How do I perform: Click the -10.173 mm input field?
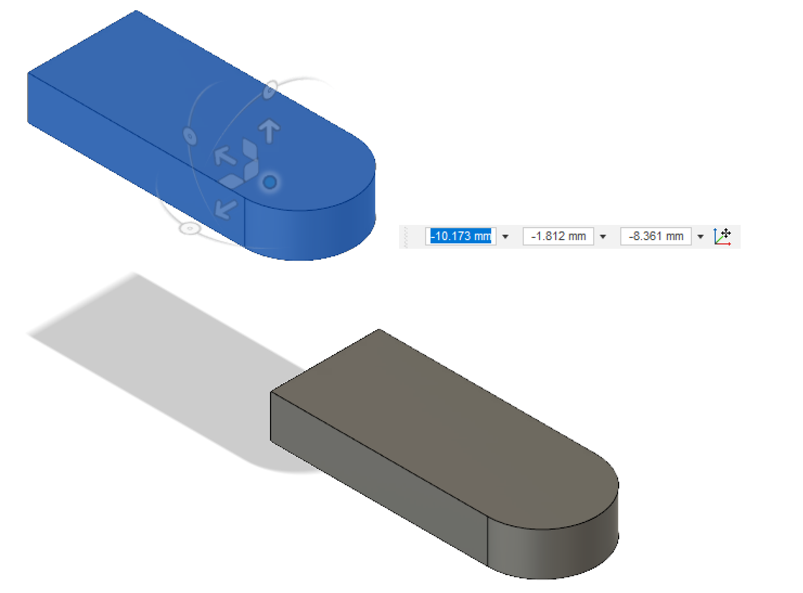pos(460,236)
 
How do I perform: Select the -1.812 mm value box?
pos(558,236)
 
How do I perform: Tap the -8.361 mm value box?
pos(656,236)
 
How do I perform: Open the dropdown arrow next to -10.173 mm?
pos(505,237)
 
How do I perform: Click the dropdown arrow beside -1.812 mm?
pos(603,237)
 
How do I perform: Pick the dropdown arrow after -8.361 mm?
pos(701,237)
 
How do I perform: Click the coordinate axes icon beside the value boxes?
pos(722,236)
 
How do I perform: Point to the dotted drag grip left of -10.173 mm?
pos(406,237)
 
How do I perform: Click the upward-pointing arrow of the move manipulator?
pos(269,130)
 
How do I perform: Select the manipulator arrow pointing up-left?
pos(224,156)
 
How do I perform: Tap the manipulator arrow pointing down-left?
pos(225,208)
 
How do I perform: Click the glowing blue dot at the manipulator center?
pos(269,182)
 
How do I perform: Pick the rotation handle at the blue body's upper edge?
pos(269,89)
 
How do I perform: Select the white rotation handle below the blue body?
pos(189,228)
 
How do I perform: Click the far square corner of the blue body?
pos(136,11)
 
